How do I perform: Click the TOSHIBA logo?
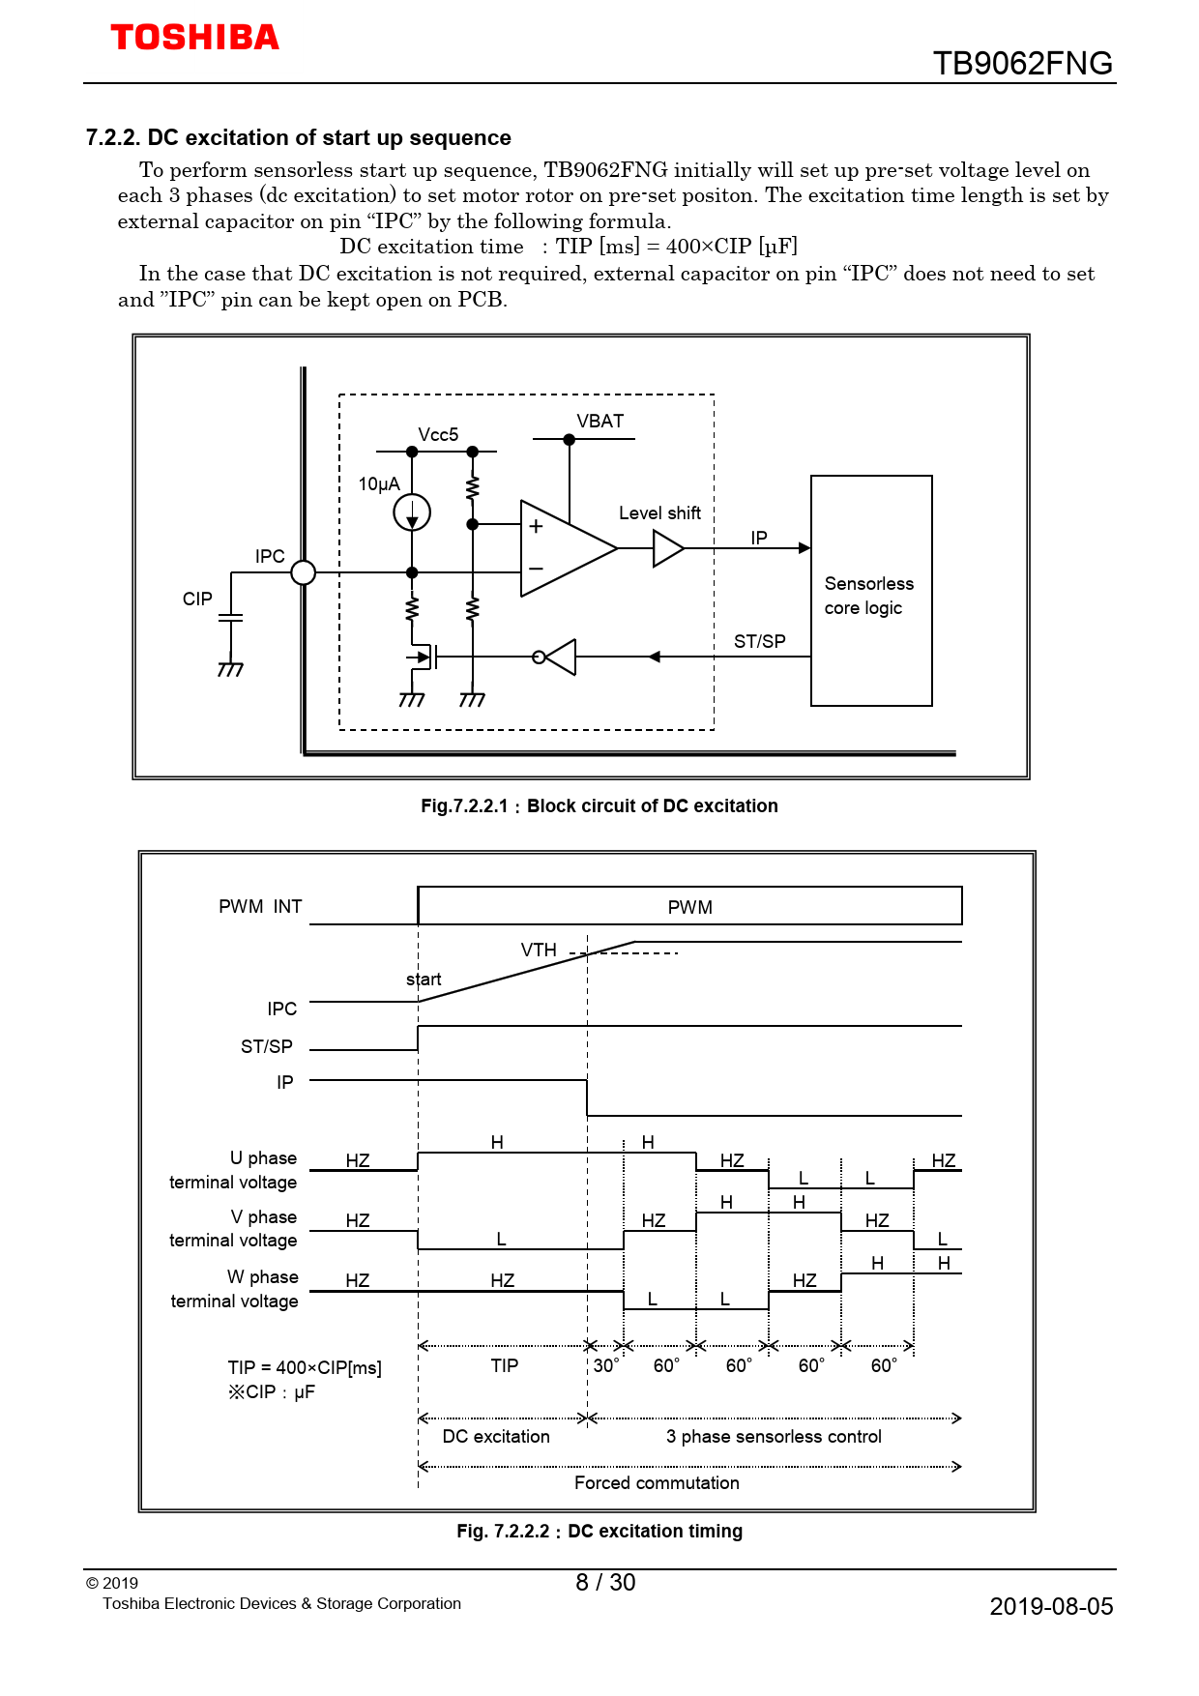coord(194,38)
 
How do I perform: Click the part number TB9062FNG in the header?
coord(1022,64)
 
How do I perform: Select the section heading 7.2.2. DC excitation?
coord(298,138)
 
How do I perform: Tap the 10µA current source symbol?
coord(412,512)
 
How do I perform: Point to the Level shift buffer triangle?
coord(667,548)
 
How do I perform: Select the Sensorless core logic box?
coord(870,591)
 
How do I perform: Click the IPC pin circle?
coord(304,572)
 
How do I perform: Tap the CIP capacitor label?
coord(197,599)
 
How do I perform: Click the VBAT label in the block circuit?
coord(599,422)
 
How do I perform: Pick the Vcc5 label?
coord(438,435)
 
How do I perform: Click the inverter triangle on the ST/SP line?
coord(559,658)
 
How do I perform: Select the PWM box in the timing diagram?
coord(689,907)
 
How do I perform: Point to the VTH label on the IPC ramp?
coord(539,950)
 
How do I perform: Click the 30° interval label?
coord(605,1366)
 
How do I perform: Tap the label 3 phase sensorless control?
coord(774,1437)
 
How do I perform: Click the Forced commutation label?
coord(657,1483)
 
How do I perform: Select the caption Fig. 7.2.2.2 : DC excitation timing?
coord(599,1532)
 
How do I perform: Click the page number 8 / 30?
coord(605,1583)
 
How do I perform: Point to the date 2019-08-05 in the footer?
coord(1051,1607)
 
